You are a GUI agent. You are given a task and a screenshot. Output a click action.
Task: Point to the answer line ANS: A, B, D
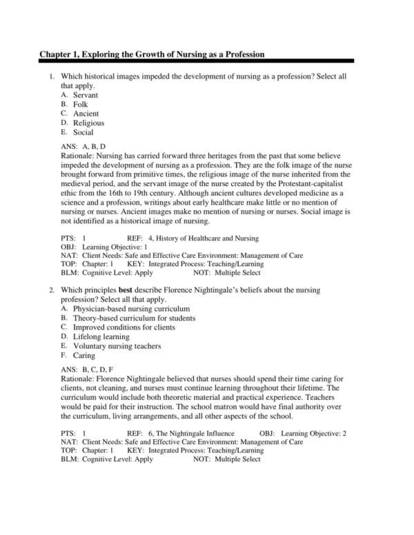click(x=84, y=147)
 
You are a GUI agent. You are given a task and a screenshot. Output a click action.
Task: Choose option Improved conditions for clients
click(x=119, y=327)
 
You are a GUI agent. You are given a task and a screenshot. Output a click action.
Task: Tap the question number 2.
click(x=52, y=290)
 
